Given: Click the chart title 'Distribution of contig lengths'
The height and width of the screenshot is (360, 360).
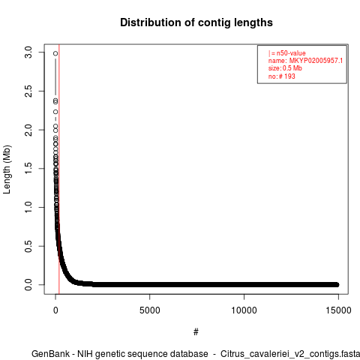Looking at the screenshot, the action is click(196, 22).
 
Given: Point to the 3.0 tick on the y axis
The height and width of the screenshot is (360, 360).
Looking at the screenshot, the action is click(28, 52).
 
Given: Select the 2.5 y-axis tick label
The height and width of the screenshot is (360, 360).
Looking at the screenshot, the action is click(28, 91).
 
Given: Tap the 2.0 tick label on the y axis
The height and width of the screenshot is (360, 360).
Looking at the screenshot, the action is click(28, 130).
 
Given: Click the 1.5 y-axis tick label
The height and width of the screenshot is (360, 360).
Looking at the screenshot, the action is click(28, 169).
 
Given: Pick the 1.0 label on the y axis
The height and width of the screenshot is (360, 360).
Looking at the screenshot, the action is click(28, 207).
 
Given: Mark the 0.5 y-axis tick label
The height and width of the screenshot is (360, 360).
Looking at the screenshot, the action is click(28, 246).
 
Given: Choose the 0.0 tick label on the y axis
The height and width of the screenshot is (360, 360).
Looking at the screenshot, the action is click(28, 285).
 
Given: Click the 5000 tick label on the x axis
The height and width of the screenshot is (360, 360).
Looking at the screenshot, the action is click(150, 310).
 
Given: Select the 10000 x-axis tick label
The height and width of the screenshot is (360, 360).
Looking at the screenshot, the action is click(244, 310).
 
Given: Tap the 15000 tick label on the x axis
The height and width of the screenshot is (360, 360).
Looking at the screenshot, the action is click(338, 310).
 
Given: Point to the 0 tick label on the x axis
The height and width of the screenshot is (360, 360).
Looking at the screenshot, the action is click(55, 310).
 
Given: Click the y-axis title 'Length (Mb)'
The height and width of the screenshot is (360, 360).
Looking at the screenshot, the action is click(7, 169).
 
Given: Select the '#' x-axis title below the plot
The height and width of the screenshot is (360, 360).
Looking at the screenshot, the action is click(196, 332).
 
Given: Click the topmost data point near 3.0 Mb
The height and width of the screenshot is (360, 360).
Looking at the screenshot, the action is click(55, 53).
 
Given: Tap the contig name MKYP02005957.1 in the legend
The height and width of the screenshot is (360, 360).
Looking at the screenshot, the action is click(316, 61).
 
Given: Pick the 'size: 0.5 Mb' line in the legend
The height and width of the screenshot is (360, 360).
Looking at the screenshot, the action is click(285, 68).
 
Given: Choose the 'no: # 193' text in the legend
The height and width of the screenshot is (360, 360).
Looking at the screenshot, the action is click(282, 76).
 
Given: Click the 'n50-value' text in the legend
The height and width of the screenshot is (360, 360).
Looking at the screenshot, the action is click(291, 53).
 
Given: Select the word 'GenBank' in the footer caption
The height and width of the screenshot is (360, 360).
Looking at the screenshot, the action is click(50, 354).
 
